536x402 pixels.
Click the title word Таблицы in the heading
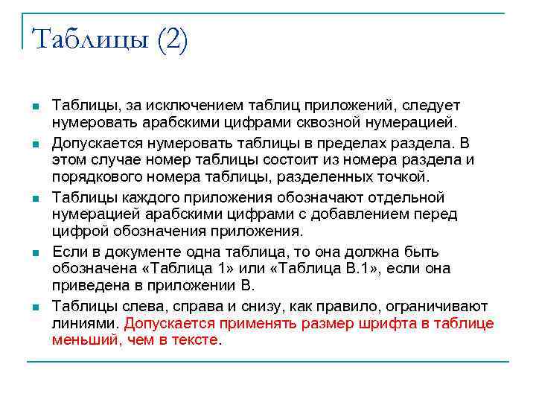89,39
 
